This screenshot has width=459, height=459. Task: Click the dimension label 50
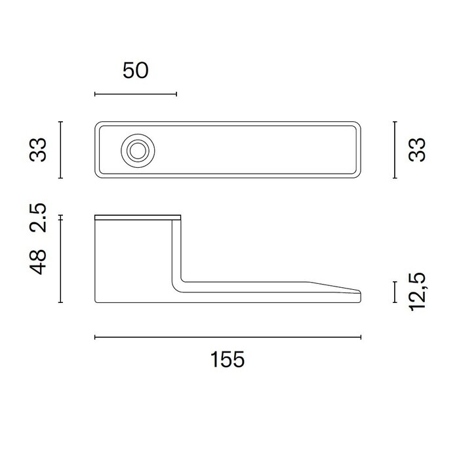click(x=136, y=71)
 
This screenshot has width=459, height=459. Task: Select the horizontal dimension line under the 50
click(x=136, y=94)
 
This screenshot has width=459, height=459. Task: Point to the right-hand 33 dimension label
click(x=418, y=150)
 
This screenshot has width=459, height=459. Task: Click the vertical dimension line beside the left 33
click(x=60, y=150)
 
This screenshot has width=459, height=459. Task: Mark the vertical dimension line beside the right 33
click(x=395, y=150)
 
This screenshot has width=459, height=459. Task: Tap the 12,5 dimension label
click(x=418, y=292)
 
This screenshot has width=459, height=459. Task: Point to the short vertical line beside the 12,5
click(x=395, y=292)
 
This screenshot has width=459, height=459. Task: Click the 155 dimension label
click(x=228, y=359)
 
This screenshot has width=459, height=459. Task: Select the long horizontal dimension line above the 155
click(x=228, y=337)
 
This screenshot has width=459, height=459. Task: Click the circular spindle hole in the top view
click(x=137, y=150)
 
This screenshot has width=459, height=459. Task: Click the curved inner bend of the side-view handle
click(x=179, y=282)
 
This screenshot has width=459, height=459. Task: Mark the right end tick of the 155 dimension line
click(x=361, y=337)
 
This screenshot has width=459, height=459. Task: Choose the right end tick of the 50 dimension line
click(x=176, y=94)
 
